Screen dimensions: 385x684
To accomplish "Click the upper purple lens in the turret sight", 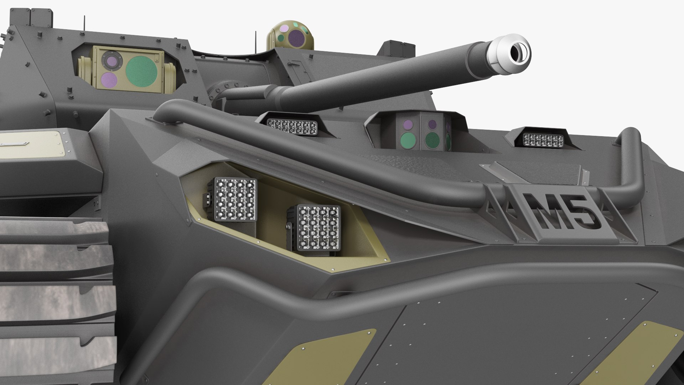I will [108, 60].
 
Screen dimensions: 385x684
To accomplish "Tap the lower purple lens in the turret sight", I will [107, 79].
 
